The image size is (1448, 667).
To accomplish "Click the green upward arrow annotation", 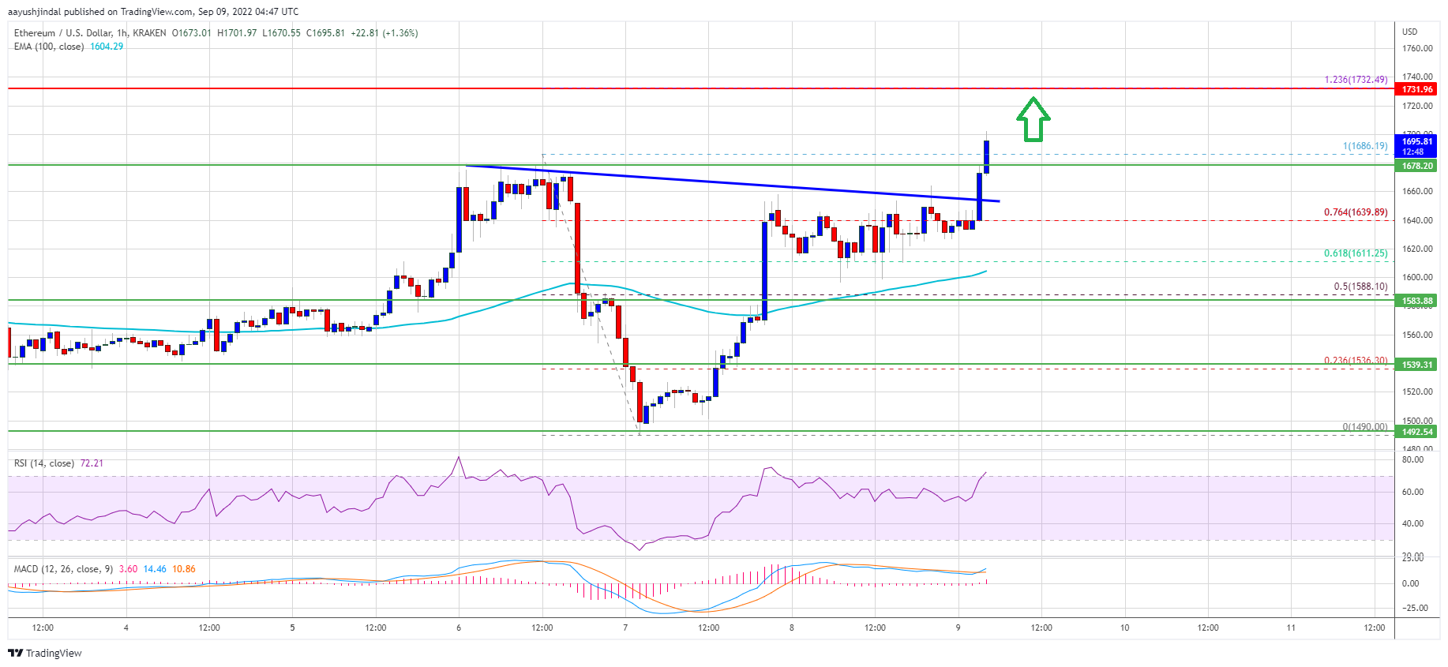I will [1033, 119].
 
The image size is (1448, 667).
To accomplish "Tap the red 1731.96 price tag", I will [1417, 89].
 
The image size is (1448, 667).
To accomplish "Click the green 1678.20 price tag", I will [1417, 166].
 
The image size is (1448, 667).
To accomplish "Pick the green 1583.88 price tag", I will [1417, 301].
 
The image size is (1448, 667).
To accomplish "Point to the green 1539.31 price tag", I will [1417, 365].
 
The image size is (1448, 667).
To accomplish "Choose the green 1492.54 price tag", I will [1417, 432].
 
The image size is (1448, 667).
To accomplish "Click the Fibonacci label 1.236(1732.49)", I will [1356, 80].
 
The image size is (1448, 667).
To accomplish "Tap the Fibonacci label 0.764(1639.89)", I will [1356, 212].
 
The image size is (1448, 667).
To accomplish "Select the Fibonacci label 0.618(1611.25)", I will [1356, 253].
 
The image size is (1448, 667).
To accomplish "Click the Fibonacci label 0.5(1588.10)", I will [1360, 287].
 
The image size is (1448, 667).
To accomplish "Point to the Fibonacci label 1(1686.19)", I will [1365, 146].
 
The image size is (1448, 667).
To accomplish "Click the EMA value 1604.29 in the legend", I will [107, 47].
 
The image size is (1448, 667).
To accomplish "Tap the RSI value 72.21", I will [92, 463].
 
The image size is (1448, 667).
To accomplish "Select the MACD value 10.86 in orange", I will [184, 569].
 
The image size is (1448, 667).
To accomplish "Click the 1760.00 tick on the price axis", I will [1417, 48].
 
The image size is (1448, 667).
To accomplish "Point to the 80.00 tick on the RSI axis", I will [1412, 459].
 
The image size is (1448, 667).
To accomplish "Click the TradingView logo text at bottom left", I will [53, 653].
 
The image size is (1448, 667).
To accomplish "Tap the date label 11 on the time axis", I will [1291, 628].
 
